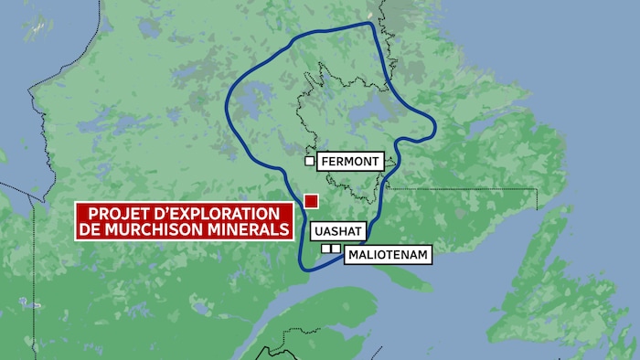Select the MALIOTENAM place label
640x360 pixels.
tap(388, 256)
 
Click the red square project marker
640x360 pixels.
tap(311, 201)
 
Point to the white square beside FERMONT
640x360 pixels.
tap(310, 162)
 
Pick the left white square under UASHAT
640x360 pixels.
tap(325, 249)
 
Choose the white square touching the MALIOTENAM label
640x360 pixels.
tap(336, 249)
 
